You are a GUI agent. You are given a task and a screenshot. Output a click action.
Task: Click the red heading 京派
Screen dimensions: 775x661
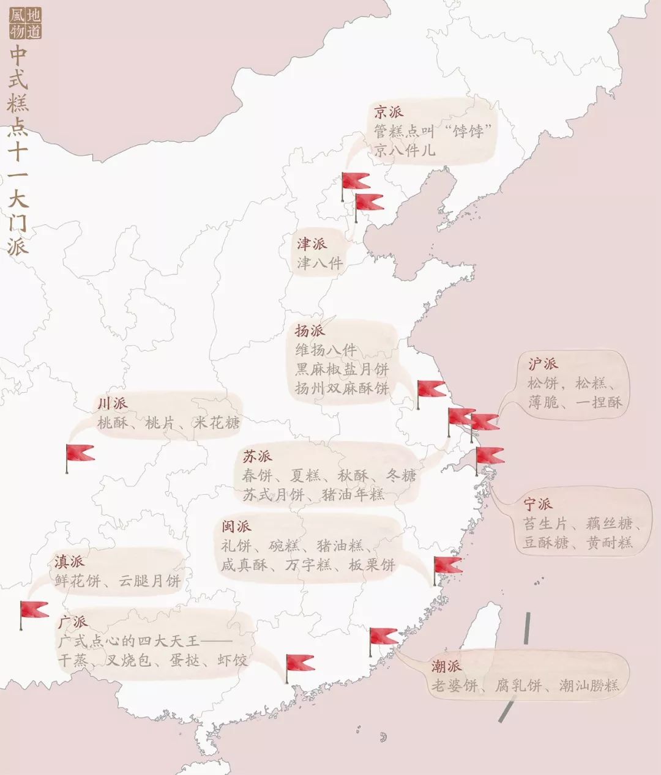pyautogui.click(x=389, y=112)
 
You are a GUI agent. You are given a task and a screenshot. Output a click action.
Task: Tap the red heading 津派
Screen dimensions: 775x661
pyautogui.click(x=312, y=243)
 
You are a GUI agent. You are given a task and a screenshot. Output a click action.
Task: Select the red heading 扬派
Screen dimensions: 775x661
pyautogui.click(x=310, y=331)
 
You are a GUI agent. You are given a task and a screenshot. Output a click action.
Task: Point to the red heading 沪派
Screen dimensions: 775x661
pyautogui.click(x=543, y=363)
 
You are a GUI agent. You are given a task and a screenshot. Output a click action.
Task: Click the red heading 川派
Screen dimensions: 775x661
pyautogui.click(x=112, y=403)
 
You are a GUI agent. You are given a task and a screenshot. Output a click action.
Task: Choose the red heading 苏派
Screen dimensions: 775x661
pyautogui.click(x=257, y=456)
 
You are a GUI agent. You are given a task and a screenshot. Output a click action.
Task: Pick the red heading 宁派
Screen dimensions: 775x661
pyautogui.click(x=538, y=504)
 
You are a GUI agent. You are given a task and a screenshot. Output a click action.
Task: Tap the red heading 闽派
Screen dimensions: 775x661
pyautogui.click(x=236, y=526)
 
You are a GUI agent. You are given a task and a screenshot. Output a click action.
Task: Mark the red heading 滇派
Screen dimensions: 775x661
pyautogui.click(x=69, y=561)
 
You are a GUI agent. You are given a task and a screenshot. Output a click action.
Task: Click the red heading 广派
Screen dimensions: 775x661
pyautogui.click(x=72, y=622)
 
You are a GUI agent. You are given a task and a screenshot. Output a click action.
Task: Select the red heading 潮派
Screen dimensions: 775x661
pyautogui.click(x=446, y=666)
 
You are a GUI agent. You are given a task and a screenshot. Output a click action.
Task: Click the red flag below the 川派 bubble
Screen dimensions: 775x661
pyautogui.click(x=80, y=453)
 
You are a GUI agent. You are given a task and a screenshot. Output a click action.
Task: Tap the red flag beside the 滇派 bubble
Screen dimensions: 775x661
pyautogui.click(x=34, y=609)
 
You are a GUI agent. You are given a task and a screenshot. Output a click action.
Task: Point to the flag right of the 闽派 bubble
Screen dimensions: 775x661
pyautogui.click(x=447, y=565)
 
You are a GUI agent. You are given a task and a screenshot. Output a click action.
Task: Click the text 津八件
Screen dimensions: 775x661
pyautogui.click(x=320, y=264)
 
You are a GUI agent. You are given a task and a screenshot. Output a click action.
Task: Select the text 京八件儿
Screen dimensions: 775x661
pyautogui.click(x=405, y=150)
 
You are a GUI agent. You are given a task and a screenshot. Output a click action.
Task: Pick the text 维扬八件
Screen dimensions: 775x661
pyautogui.click(x=326, y=350)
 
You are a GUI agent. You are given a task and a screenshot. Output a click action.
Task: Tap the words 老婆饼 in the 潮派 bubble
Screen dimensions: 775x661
pyautogui.click(x=454, y=686)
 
